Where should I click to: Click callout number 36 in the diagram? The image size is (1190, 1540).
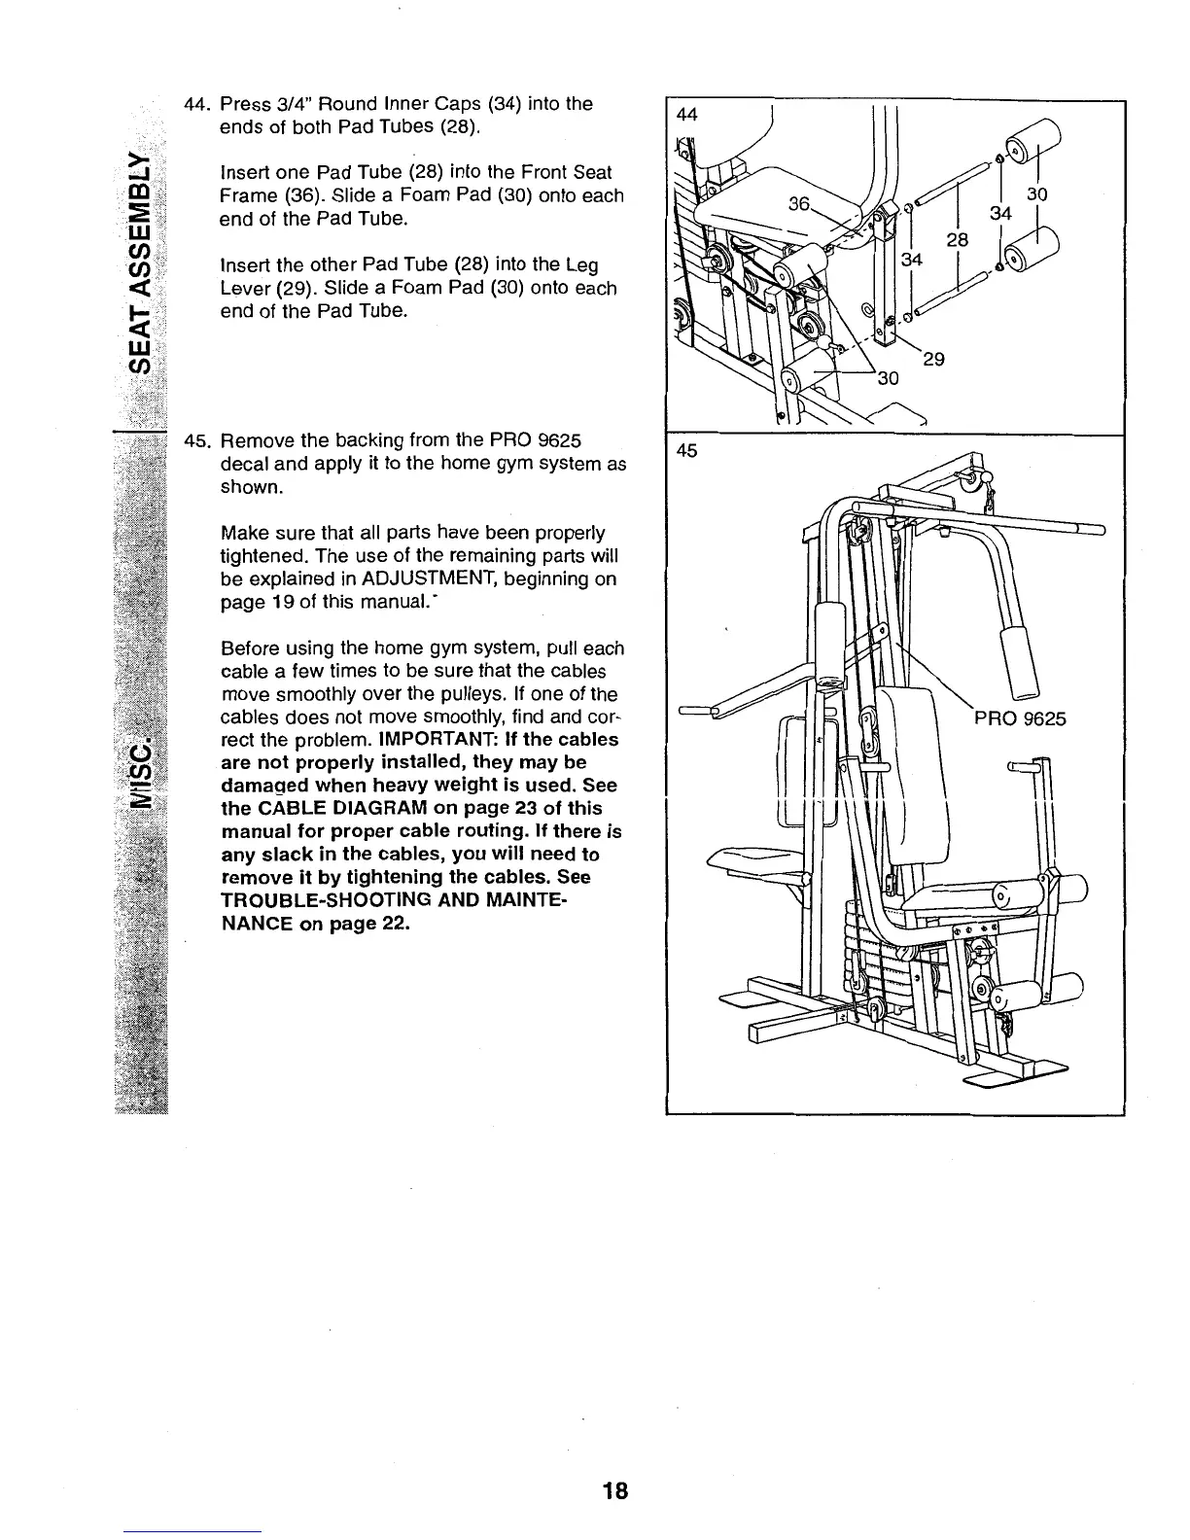click(800, 203)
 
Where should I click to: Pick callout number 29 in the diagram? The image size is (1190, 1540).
click(933, 360)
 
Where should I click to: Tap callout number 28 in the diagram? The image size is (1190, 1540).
click(957, 240)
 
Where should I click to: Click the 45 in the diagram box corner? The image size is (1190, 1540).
click(686, 451)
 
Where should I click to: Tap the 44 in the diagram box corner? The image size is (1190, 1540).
click(686, 115)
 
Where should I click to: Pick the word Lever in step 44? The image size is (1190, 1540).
click(248, 289)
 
